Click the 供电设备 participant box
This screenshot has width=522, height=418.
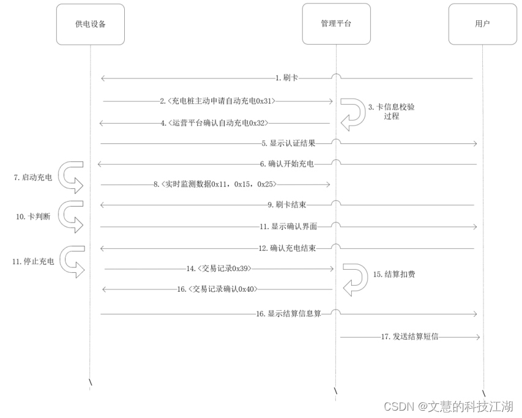[90, 24]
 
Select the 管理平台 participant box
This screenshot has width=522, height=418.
[336, 24]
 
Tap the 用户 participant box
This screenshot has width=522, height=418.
[482, 24]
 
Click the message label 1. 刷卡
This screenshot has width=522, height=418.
[286, 78]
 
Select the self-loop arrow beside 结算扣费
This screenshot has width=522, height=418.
[354, 280]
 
